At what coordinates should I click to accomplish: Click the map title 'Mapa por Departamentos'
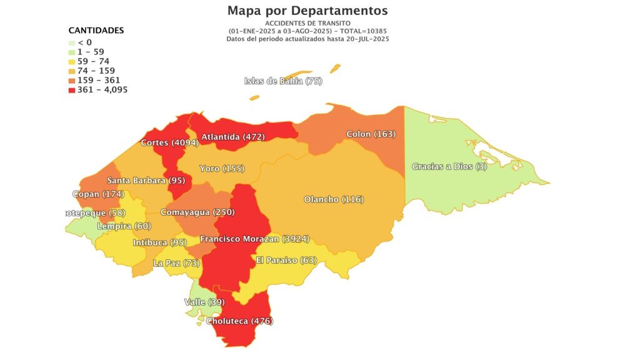pos(307,11)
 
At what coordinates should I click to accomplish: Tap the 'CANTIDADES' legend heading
pos(96,30)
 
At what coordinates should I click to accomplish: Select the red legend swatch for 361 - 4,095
pos(72,90)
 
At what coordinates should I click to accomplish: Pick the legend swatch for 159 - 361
pos(72,81)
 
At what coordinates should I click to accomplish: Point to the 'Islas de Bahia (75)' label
pos(282,81)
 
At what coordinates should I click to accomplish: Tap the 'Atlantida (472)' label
pos(233,137)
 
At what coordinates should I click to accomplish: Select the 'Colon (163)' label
pos(371,134)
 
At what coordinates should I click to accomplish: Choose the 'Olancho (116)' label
pos(334,199)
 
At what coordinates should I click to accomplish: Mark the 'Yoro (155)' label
pos(221,169)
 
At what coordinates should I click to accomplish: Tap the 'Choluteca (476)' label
pos(239,321)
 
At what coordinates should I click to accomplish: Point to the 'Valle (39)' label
pos(204,302)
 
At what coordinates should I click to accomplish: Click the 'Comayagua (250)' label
pos(197,212)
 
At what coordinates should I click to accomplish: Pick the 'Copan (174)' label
pos(98,194)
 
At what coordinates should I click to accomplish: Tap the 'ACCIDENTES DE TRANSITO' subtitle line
pos(307,23)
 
